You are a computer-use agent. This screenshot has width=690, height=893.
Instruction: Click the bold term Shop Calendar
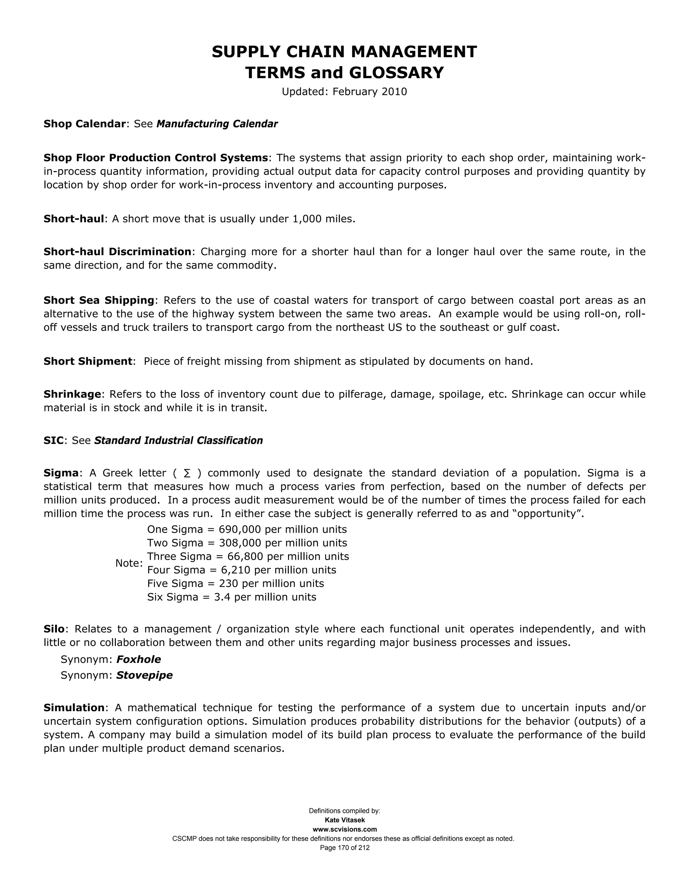click(x=84, y=124)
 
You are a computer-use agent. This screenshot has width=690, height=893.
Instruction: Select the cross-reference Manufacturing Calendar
click(x=217, y=124)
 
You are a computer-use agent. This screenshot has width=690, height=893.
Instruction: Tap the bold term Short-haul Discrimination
click(x=117, y=251)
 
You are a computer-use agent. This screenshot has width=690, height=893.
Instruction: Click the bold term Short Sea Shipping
click(x=99, y=301)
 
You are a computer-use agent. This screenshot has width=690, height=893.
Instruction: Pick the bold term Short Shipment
click(x=88, y=362)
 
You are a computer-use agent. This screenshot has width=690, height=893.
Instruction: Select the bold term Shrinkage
click(x=72, y=394)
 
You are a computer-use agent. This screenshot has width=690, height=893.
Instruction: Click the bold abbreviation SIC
click(x=54, y=440)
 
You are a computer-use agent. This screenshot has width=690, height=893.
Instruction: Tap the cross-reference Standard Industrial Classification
click(x=178, y=440)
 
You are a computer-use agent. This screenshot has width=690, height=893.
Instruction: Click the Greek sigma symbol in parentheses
click(x=187, y=473)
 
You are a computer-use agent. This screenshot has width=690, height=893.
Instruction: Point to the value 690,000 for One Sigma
click(x=240, y=529)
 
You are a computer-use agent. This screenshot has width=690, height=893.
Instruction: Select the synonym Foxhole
click(x=138, y=659)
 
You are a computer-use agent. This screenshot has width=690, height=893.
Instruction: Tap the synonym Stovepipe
click(x=144, y=675)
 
